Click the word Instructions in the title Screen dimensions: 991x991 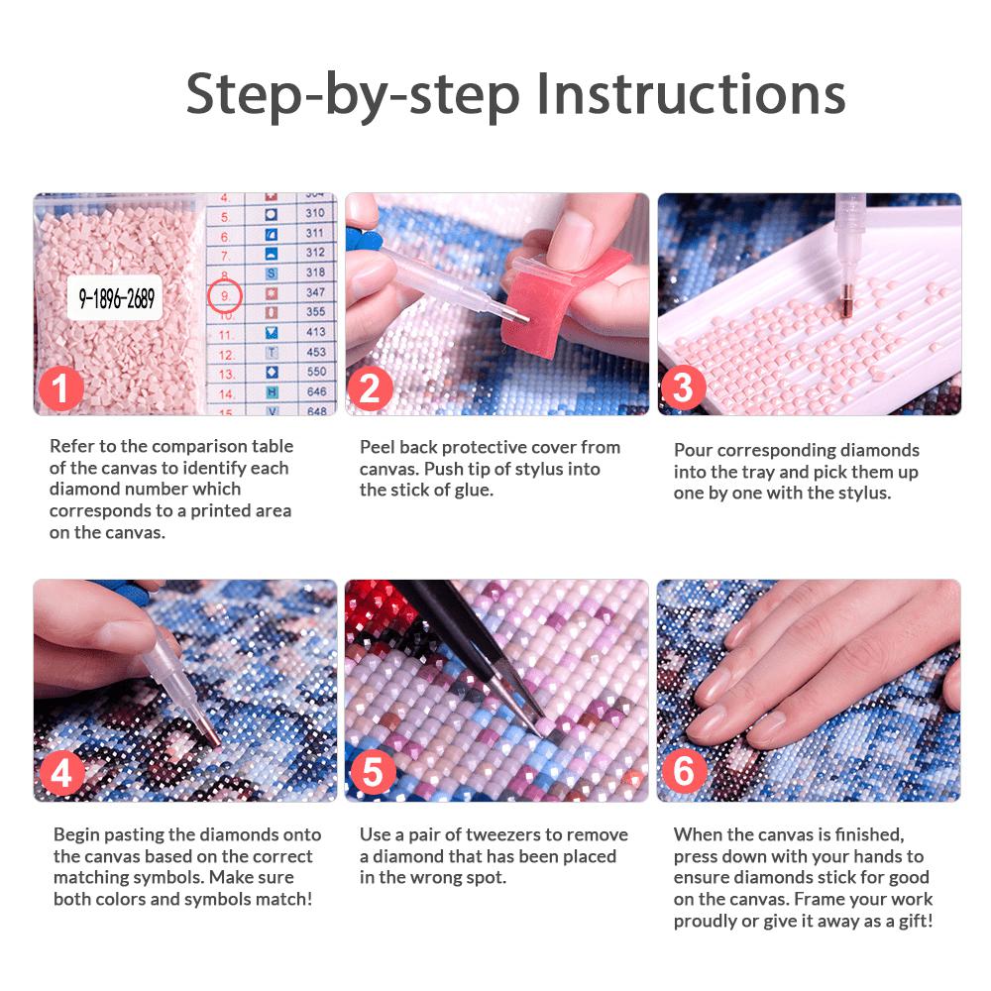[691, 93]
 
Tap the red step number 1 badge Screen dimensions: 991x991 [60, 388]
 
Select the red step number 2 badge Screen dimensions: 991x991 [370, 388]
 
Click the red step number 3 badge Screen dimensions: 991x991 [683, 387]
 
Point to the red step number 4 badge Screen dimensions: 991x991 [61, 773]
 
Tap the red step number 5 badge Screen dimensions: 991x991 [373, 772]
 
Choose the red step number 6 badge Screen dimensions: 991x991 [685, 771]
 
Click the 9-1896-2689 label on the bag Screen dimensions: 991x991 [116, 297]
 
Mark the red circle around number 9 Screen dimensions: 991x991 [225, 295]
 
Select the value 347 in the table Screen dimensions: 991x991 [315, 292]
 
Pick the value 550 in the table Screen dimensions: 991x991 [316, 372]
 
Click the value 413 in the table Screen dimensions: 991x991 [315, 332]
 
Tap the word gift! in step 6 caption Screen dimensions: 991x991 [915, 922]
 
